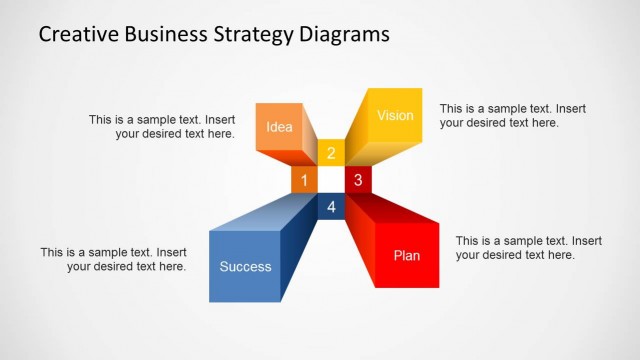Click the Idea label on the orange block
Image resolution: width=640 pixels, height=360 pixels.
[279, 127]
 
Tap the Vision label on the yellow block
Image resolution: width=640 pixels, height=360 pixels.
[395, 116]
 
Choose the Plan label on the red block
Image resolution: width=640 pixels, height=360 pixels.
[407, 256]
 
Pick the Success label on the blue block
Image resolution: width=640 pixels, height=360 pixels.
[245, 266]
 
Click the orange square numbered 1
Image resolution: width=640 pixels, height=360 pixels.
[304, 180]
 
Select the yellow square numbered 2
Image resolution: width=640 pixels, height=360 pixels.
[331, 153]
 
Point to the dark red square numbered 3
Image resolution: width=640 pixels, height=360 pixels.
[358, 180]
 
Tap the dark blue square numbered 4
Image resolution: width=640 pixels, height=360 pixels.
[331, 206]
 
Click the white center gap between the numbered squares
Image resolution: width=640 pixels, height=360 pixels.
[331, 180]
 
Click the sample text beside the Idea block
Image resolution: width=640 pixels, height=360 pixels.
[162, 126]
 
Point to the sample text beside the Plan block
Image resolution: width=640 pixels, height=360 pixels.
[528, 248]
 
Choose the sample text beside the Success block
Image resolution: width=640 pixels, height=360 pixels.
[113, 259]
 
